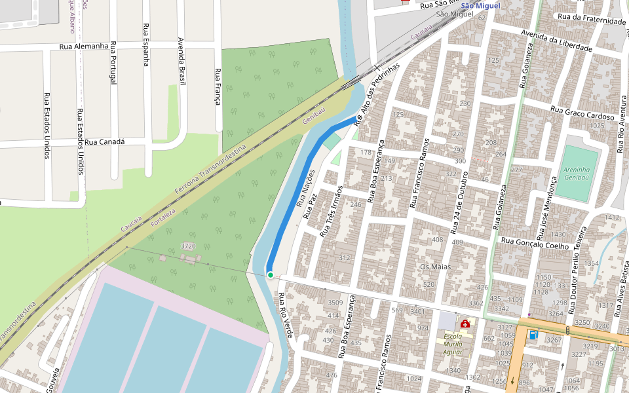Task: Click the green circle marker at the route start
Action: (270, 275)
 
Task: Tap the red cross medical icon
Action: (465, 324)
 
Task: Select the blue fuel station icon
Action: (533, 335)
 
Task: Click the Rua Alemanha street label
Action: (83, 47)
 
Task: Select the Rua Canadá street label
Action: (105, 142)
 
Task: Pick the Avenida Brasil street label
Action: (181, 61)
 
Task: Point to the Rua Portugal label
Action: (113, 63)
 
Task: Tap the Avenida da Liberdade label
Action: (556, 41)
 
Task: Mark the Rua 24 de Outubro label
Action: (459, 204)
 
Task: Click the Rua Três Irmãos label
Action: (332, 212)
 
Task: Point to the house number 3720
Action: (188, 246)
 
